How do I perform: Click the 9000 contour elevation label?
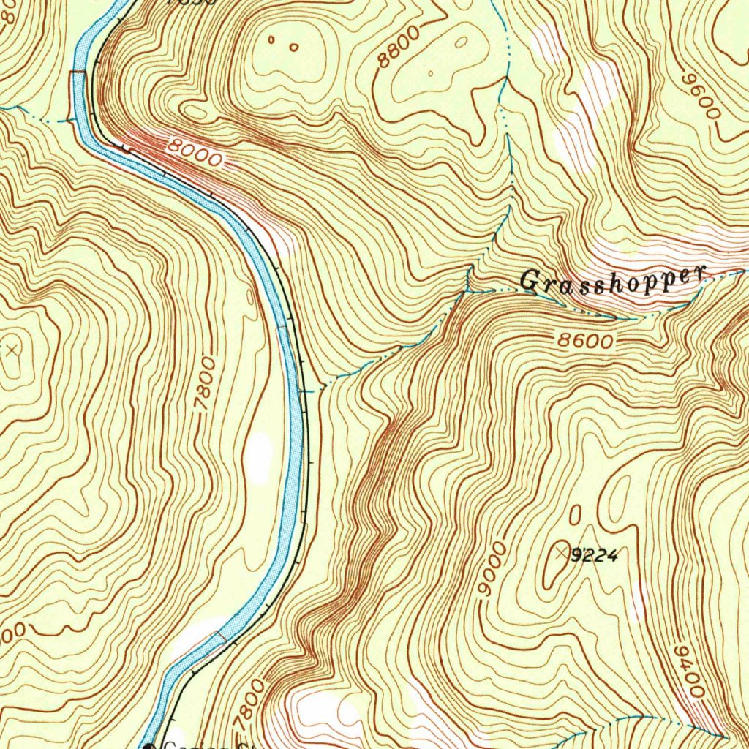(491, 571)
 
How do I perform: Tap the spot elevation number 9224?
(594, 557)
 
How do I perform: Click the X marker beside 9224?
(562, 552)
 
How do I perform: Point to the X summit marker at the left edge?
(11, 350)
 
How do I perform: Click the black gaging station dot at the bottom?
(151, 746)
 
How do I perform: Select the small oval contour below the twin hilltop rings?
(196, 112)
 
